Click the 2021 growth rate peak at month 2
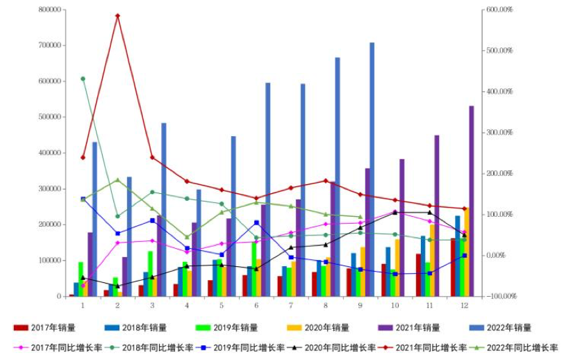117,15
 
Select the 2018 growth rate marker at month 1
83,79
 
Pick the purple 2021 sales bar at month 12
471,201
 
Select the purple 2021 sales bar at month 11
437,215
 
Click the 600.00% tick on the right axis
499,10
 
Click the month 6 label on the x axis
256,305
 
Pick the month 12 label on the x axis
464,305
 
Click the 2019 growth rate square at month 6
256,222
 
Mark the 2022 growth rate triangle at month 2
117,180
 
